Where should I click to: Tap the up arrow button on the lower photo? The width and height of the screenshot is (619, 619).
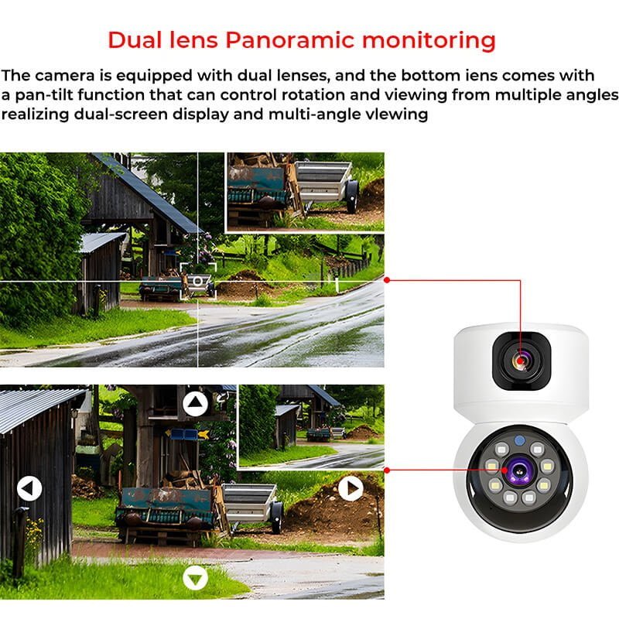[196, 403]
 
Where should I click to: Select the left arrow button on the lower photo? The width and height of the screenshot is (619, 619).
[29, 488]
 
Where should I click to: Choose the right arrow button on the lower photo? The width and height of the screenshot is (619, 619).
[351, 488]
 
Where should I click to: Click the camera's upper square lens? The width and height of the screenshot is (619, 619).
[521, 361]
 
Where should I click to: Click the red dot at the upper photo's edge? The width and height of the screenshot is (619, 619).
[387, 279]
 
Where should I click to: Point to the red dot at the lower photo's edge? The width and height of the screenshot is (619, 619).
[387, 470]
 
